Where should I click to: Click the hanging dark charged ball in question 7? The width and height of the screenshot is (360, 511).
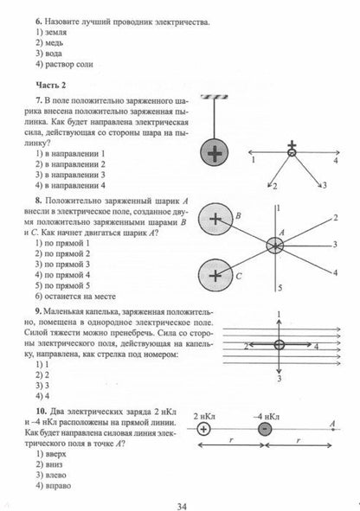pyautogui.click(x=214, y=131)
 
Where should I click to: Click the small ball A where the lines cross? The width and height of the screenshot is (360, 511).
pyautogui.click(x=278, y=245)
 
